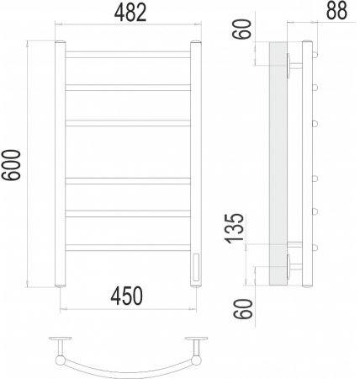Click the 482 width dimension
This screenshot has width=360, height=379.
130,13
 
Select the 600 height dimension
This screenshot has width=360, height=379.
11,165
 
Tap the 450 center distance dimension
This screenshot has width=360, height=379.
127,296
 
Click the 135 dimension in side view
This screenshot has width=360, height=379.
235,228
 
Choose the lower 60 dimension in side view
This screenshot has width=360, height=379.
243,308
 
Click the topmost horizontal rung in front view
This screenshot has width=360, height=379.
128,55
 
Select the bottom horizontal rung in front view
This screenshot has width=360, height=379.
128,248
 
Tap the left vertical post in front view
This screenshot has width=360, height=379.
60,164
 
